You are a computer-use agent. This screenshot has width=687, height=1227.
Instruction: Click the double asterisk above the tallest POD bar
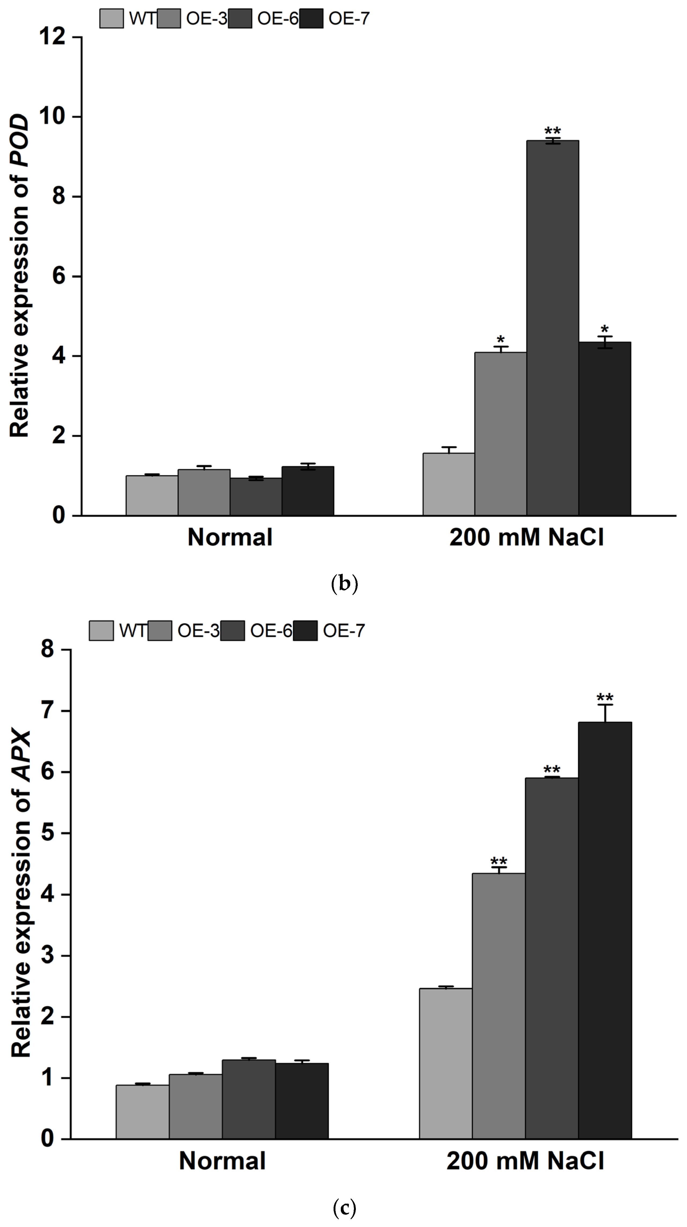pyautogui.click(x=553, y=131)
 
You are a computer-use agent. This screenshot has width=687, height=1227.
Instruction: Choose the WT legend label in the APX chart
pyautogui.click(x=132, y=631)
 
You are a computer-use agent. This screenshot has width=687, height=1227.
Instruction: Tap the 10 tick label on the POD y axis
pyautogui.click(x=52, y=117)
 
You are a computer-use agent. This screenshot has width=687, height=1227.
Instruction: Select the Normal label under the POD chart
pyautogui.click(x=230, y=537)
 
